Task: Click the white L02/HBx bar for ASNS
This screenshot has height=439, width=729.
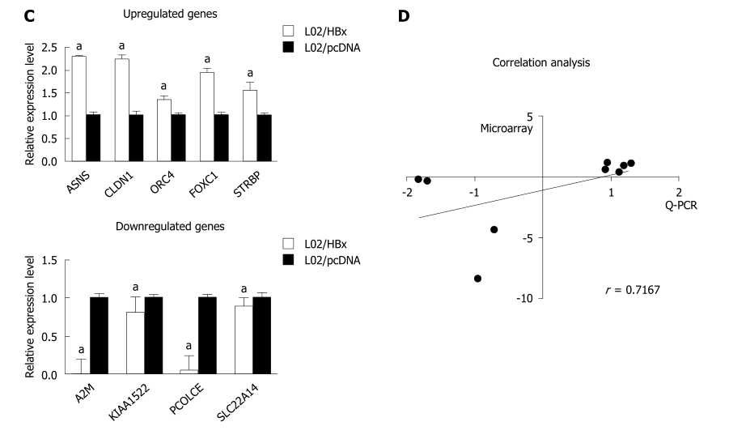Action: (79, 109)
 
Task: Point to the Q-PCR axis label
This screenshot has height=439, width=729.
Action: (680, 206)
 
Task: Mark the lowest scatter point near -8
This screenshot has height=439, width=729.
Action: (477, 279)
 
